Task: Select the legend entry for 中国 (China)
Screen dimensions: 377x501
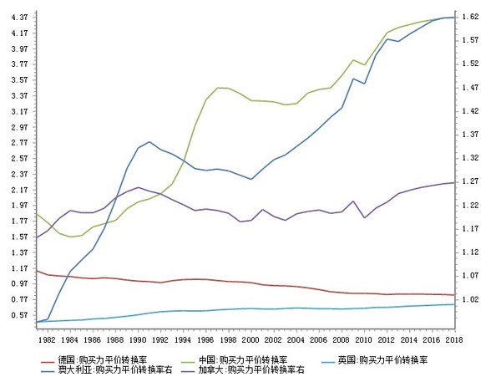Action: [242, 359]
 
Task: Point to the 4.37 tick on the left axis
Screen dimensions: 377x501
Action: [18, 17]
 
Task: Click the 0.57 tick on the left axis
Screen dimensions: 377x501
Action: [18, 315]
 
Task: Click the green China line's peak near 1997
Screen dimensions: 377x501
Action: [219, 88]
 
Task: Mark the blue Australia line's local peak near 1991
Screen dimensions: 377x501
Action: [149, 142]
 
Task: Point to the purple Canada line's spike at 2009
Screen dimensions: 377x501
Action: [353, 201]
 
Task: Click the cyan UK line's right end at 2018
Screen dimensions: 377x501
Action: [453, 304]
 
